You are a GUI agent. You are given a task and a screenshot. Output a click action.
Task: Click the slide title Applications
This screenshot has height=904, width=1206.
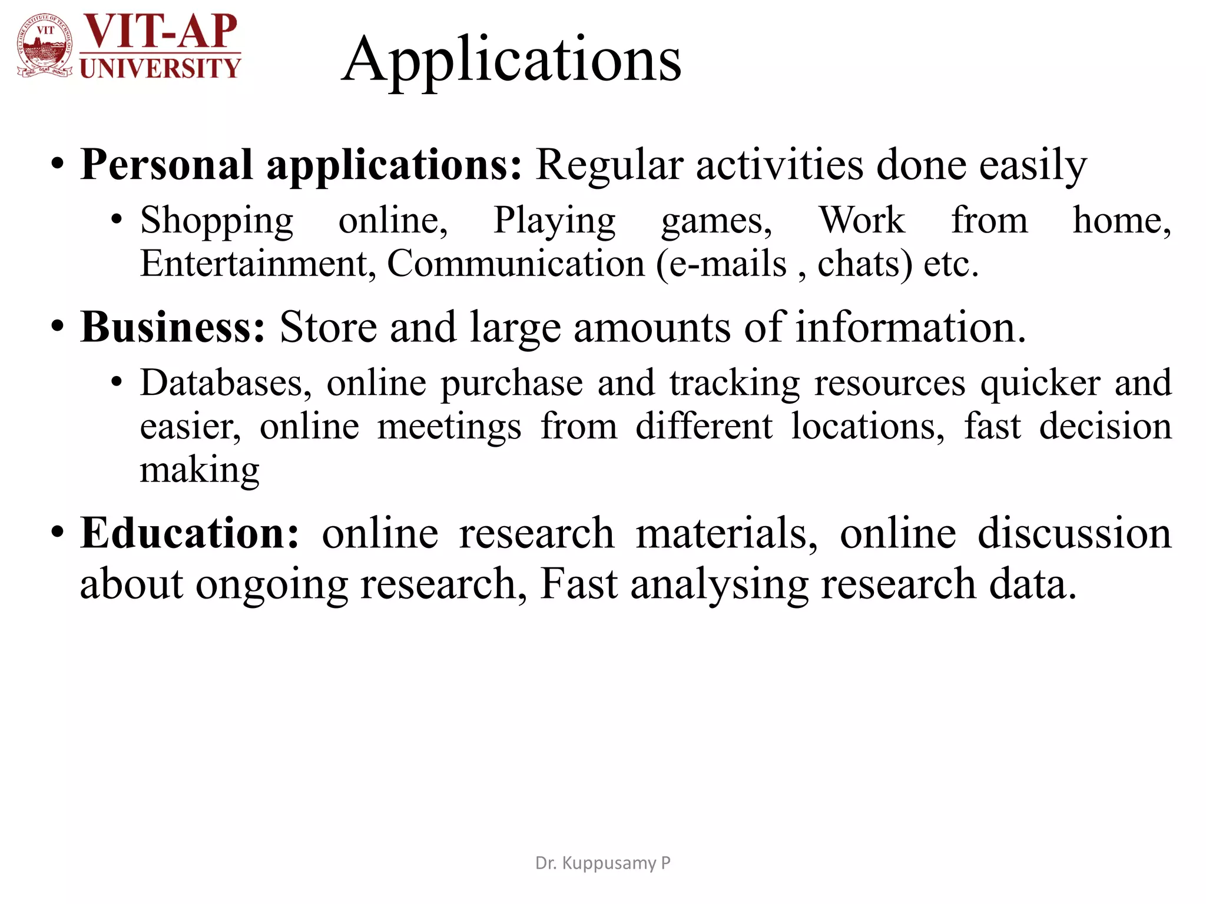tap(511, 60)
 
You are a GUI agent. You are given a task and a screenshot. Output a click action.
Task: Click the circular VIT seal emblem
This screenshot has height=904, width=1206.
tap(45, 46)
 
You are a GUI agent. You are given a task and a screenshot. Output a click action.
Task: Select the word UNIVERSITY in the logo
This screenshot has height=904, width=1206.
tap(160, 68)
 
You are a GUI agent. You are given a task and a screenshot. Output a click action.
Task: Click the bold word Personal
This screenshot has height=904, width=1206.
tap(167, 165)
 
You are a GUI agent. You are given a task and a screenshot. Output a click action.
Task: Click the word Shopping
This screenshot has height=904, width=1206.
tap(217, 221)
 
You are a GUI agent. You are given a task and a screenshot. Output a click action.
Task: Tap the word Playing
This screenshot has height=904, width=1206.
tap(554, 221)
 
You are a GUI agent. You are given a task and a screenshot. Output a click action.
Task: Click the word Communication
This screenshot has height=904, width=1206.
tap(516, 263)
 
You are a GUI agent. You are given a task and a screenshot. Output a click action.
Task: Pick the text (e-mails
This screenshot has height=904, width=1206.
tap(721, 264)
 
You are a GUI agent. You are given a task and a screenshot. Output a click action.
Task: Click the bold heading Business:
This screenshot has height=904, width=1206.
tap(173, 327)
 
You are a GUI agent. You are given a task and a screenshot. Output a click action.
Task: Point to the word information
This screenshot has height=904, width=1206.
tap(910, 327)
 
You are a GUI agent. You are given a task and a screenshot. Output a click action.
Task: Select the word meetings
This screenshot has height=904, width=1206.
tap(449, 427)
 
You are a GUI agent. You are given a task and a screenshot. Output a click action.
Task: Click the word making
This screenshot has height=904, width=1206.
tap(200, 471)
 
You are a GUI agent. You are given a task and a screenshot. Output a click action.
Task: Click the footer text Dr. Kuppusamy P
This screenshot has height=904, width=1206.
tap(602, 863)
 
